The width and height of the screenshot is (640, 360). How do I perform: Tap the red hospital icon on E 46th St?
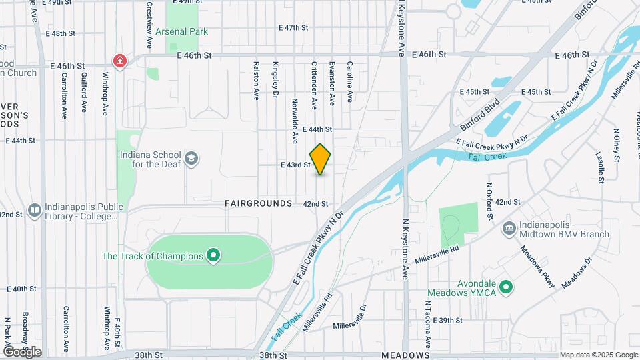tap(120, 61)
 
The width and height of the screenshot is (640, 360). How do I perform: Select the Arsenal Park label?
tap(181, 31)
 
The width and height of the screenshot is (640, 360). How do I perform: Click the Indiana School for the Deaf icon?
tap(192, 159)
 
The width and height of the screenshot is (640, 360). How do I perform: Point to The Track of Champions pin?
tap(213, 256)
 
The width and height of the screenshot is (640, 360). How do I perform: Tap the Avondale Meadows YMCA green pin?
tap(506, 288)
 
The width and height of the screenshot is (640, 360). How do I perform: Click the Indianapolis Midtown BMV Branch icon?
tap(509, 229)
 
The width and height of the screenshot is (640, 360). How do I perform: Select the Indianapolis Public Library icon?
tap(35, 210)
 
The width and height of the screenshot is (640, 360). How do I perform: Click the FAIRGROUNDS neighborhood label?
tap(259, 203)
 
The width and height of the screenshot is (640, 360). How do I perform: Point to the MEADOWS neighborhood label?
tap(405, 356)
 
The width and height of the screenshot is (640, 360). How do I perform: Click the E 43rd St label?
tap(296, 165)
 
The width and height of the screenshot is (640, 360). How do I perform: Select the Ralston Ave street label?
tap(256, 81)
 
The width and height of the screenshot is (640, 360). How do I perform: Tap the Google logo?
tap(22, 351)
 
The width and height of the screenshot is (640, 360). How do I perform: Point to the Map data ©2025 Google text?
tap(599, 355)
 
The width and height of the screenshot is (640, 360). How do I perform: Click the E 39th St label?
tap(447, 321)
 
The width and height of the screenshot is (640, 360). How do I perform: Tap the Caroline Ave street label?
tap(349, 82)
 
